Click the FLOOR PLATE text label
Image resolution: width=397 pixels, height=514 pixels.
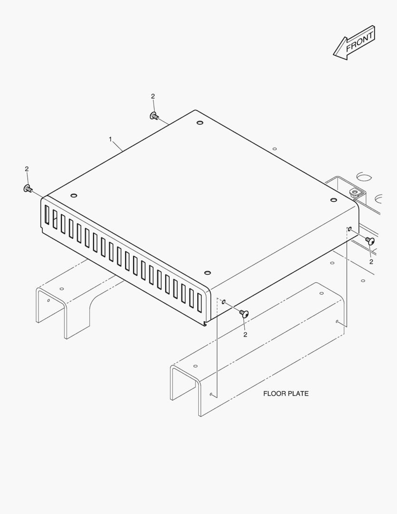[x=286, y=394]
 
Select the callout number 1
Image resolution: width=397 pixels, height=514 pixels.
[x=110, y=139]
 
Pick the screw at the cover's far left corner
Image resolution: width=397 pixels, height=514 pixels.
[x=28, y=189]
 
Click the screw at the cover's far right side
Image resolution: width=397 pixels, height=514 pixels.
[x=370, y=241]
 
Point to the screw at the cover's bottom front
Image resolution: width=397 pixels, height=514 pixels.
[x=244, y=314]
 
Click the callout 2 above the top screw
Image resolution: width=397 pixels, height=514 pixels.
[x=153, y=96]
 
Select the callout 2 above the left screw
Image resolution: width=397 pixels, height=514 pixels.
[x=27, y=169]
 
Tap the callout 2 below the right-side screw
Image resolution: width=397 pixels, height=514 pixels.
[x=371, y=261]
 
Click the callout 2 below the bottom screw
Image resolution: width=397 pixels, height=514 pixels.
[x=245, y=335]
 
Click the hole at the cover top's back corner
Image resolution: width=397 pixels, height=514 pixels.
[x=199, y=123]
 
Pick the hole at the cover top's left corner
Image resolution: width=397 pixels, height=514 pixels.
[x=74, y=196]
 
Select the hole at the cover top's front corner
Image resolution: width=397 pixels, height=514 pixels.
[x=207, y=273]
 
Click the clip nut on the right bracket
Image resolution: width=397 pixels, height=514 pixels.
[x=353, y=193]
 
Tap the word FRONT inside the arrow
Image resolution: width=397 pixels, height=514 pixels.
[x=360, y=41]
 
